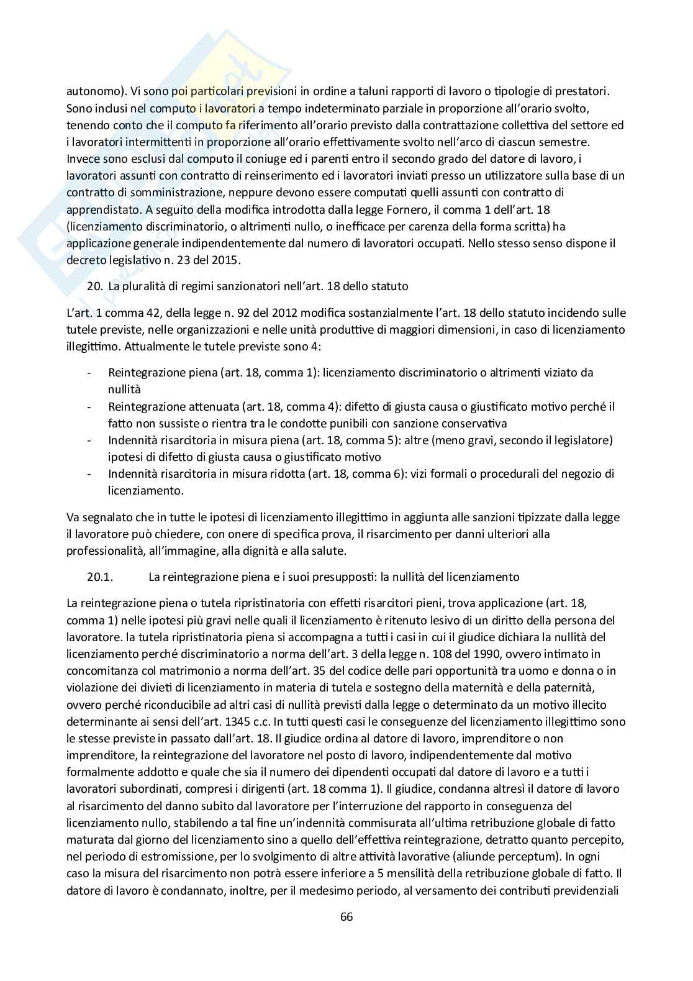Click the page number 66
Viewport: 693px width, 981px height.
(x=346, y=916)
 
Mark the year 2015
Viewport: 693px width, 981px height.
(x=223, y=260)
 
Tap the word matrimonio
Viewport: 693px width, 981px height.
(x=177, y=672)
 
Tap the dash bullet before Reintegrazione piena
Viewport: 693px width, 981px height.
(x=91, y=373)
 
